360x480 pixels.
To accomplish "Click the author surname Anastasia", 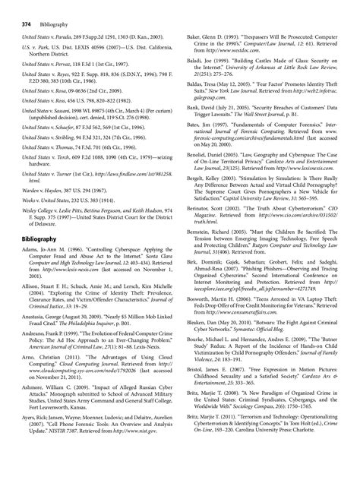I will pyautogui.click(x=36, y=336).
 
